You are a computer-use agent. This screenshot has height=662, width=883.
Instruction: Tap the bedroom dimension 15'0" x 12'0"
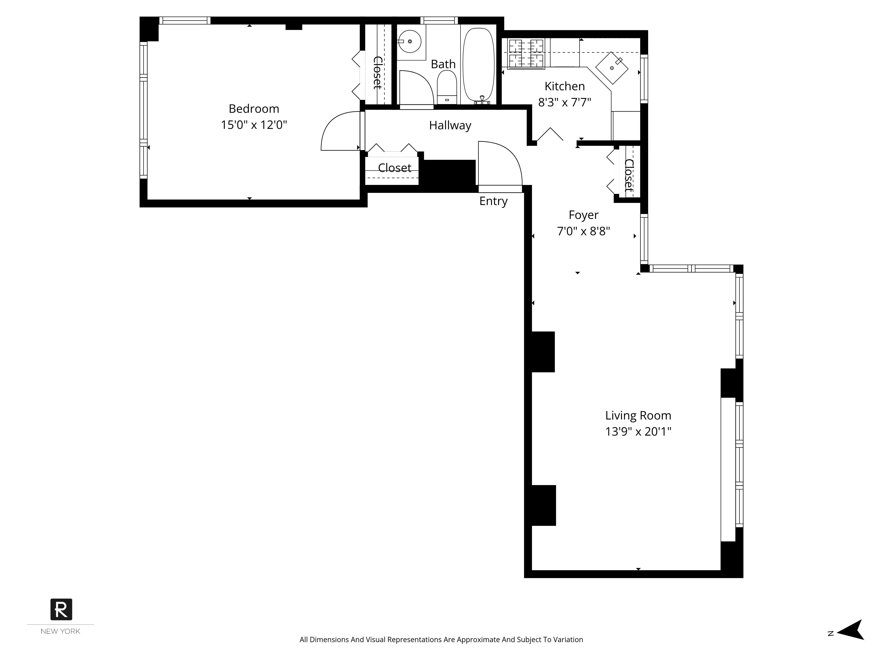254,125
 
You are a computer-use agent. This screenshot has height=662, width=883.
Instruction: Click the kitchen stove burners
526,53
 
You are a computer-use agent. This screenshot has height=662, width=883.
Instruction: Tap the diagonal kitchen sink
612,68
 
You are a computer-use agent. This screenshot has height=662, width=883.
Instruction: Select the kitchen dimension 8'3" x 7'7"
564,103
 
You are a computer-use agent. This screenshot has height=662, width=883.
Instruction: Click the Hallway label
450,125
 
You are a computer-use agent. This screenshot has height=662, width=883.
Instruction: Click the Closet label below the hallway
394,168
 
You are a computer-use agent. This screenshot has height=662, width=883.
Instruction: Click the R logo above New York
61,609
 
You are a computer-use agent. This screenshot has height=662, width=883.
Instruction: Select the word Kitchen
564,86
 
